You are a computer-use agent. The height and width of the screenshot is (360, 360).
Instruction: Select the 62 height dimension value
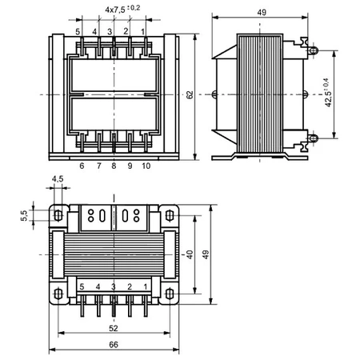pos(190,94)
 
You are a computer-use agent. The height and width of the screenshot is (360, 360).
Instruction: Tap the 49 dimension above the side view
pos(262,14)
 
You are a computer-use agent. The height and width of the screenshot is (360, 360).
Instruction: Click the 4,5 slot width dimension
pos(58,180)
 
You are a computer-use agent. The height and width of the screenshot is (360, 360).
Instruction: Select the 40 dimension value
pos(190,254)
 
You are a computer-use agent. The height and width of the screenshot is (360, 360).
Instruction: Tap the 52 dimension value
pos(114,329)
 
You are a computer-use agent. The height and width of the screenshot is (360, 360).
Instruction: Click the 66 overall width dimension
pos(114,346)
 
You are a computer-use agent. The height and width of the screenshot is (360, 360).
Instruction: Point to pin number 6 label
pos(82,166)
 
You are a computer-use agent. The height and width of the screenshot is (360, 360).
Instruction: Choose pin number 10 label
pos(146,166)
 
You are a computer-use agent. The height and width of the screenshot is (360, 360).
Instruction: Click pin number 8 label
pos(114,166)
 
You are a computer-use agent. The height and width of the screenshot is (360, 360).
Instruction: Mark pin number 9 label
pos(130,166)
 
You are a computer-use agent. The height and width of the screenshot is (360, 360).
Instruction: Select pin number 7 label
pos(98,166)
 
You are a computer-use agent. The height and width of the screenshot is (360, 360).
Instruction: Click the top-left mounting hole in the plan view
pos(58,214)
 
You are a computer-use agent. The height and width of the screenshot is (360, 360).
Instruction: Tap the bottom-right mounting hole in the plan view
pos(170,293)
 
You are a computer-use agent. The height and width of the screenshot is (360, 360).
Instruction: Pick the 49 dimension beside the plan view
pos(206,254)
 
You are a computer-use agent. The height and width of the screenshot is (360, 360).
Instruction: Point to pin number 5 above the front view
pos(78,31)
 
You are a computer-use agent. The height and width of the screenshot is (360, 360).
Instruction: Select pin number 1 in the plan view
pos(145,286)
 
